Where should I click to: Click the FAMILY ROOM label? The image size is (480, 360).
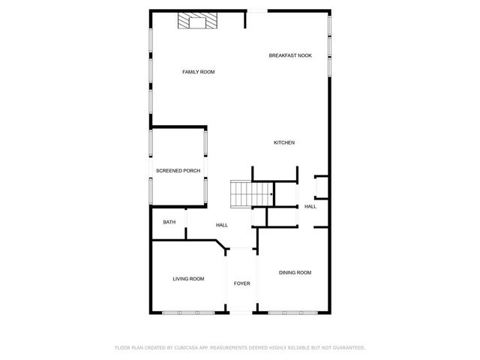(x=199, y=72)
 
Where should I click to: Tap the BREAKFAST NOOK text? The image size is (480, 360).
(x=291, y=55)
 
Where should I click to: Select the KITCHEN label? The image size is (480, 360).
(x=283, y=142)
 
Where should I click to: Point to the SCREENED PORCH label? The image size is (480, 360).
(x=178, y=171)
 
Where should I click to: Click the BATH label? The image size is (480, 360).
(x=169, y=222)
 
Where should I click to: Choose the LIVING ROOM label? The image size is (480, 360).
(x=188, y=279)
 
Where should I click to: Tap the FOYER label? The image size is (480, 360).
(x=241, y=283)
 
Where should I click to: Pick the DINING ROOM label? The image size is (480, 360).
(x=295, y=272)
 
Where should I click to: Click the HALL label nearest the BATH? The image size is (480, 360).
(x=222, y=225)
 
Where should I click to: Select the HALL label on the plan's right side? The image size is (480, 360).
(x=310, y=206)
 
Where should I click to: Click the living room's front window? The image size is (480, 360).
(x=187, y=311)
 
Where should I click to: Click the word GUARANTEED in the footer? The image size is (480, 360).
(x=346, y=348)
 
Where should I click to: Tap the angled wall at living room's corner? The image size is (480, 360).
(x=222, y=247)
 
